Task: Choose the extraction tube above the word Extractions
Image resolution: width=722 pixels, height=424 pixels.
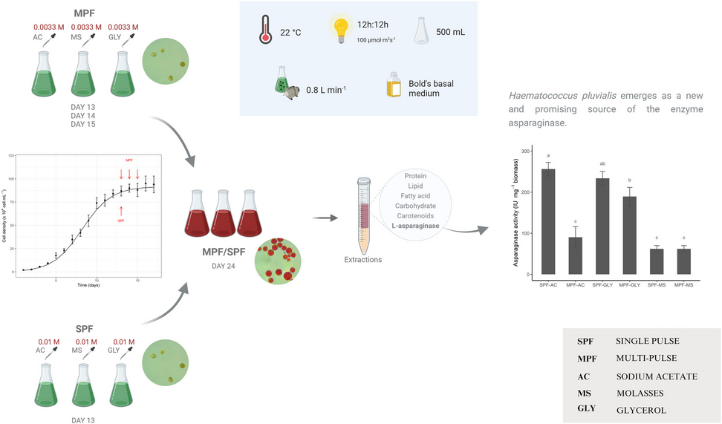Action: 363,211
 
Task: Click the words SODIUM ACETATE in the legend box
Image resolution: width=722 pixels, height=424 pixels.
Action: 656,376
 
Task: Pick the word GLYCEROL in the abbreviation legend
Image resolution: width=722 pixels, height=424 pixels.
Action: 640,409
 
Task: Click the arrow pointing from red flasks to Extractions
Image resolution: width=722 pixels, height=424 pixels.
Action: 322,218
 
